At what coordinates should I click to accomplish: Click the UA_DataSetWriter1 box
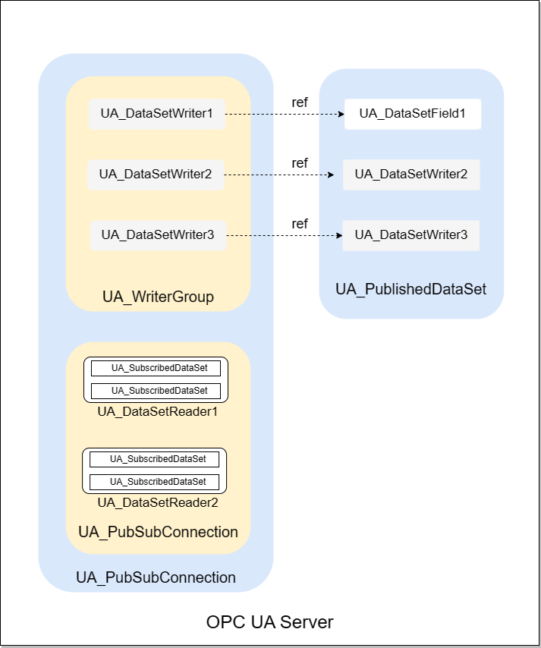coord(156,115)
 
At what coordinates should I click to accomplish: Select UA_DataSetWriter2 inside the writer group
coord(156,175)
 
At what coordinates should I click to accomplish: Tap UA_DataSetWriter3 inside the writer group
coord(158,235)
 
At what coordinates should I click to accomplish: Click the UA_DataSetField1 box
coord(412,114)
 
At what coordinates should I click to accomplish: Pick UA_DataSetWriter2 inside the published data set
coord(411,175)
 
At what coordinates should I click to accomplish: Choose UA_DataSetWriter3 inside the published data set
coord(411,235)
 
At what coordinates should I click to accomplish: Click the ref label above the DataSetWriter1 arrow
coord(300,102)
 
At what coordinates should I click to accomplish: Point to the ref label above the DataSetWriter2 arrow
coord(300,162)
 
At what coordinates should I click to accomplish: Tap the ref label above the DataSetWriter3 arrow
coord(300,223)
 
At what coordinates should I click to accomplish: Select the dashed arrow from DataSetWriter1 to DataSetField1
coord(285,115)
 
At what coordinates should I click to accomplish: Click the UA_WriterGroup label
coord(158,297)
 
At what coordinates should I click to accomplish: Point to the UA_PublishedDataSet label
coord(410,289)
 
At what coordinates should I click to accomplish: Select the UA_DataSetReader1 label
coord(158,412)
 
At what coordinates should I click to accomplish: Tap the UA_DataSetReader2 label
coord(158,502)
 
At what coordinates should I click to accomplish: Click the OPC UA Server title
coord(269,622)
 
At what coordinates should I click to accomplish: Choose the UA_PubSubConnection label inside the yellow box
coord(158,532)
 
